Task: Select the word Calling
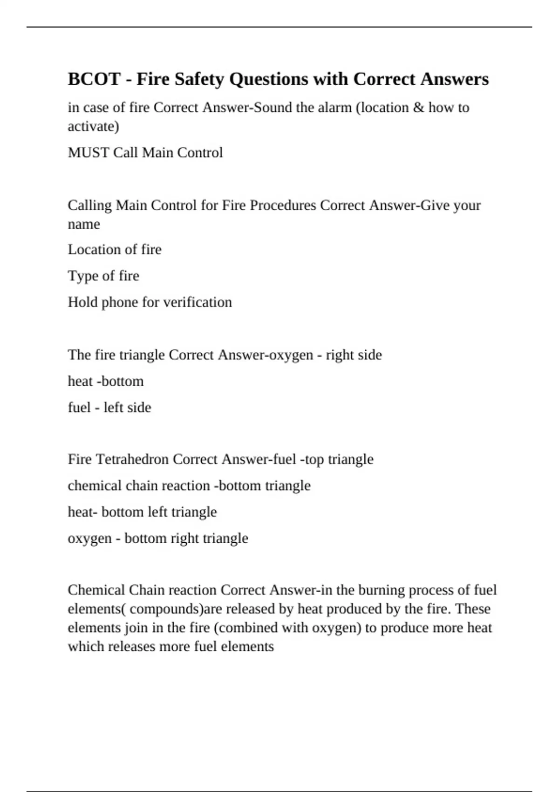90,205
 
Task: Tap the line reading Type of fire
103,276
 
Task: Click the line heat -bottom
106,382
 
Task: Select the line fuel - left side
109,408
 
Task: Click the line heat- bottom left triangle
142,512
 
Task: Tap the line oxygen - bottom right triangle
158,539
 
